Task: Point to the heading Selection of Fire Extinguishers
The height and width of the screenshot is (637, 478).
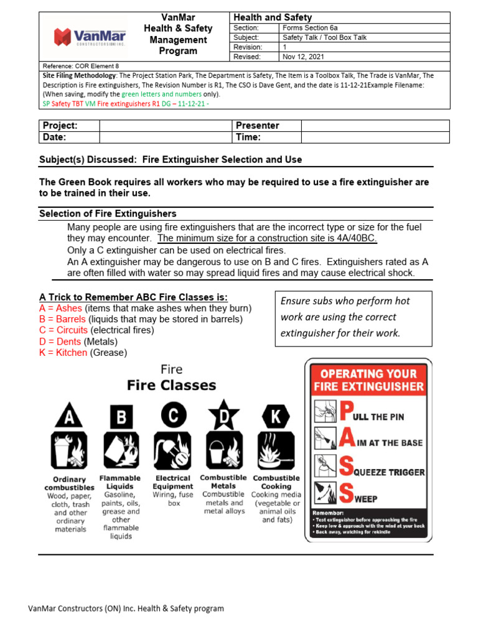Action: [108, 214]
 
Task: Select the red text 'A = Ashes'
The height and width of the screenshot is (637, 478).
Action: [60, 308]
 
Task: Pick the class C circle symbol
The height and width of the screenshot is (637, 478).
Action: [172, 415]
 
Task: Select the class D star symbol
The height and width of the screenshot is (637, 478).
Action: [223, 415]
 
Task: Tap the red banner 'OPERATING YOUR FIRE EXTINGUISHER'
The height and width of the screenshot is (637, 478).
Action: [368, 379]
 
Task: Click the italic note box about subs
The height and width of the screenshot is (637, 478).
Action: [352, 317]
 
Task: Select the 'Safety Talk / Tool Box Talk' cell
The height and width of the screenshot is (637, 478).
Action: [324, 37]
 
